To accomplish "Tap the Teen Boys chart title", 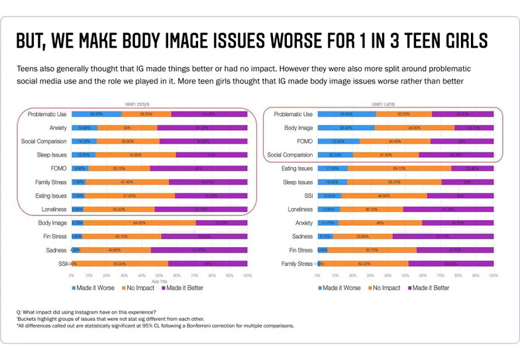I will click(x=136, y=104).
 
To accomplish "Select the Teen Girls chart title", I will click(x=382, y=104).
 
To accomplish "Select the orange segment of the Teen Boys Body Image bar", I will click(x=139, y=223).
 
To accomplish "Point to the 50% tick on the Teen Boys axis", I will click(x=160, y=274).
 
